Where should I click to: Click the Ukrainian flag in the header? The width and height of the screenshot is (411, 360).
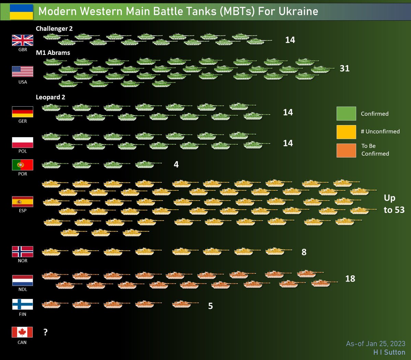[x=21, y=12]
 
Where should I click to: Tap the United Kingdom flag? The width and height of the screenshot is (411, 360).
[x=23, y=40]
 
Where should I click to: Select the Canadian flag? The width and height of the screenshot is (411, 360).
[x=22, y=332]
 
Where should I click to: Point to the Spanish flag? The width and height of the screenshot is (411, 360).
[x=23, y=202]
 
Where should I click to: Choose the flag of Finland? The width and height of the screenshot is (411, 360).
[x=23, y=304]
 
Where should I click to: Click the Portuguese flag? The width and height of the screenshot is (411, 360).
[x=23, y=165]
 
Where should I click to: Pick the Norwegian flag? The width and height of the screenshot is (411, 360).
[x=23, y=251]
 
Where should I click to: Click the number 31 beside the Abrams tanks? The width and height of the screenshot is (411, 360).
[x=345, y=69]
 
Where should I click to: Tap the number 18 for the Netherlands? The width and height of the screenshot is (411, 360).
[x=350, y=279]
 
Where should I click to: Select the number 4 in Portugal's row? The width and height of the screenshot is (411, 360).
[x=176, y=165]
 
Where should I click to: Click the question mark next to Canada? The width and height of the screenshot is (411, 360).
[x=46, y=332]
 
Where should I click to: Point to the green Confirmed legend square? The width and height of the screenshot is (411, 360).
[x=346, y=113]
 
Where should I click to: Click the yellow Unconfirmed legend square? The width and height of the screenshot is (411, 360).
[x=346, y=132]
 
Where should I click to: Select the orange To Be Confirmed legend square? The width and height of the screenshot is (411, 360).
[x=346, y=150]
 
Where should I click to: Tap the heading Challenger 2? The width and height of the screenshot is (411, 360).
[x=54, y=29]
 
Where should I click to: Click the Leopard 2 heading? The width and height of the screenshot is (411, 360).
[x=50, y=97]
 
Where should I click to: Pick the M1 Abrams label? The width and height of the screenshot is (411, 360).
[x=53, y=53]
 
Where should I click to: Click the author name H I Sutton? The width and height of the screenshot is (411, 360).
[x=389, y=352]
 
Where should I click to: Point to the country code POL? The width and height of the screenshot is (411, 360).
[x=23, y=151]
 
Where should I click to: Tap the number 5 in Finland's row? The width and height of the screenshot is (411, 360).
[x=210, y=306]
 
